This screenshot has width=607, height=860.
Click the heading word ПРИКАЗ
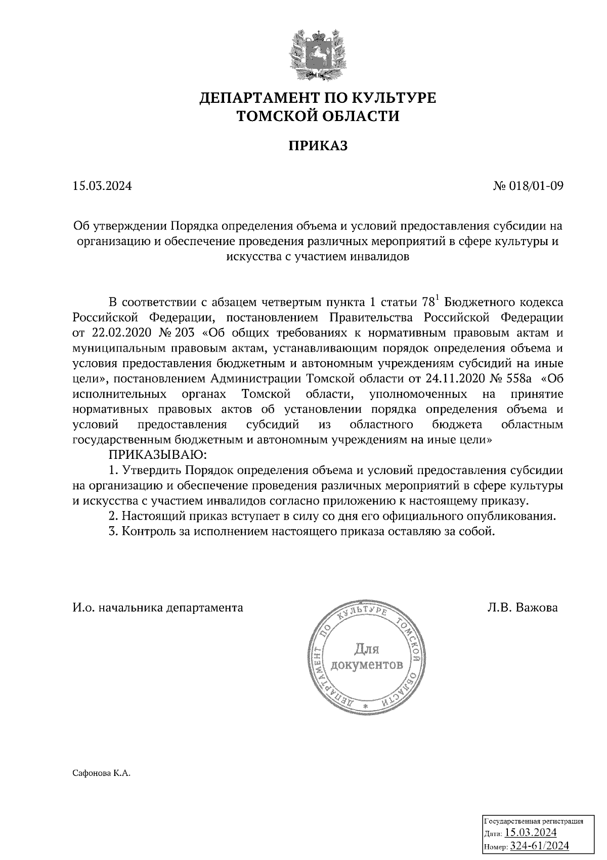tap(318, 146)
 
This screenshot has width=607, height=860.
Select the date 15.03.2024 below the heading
tap(102, 186)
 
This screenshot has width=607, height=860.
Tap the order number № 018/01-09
tap(528, 186)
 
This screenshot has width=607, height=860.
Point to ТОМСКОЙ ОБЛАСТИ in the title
tap(318, 116)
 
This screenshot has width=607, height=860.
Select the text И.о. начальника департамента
tap(158, 607)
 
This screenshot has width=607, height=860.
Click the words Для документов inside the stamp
tap(366, 656)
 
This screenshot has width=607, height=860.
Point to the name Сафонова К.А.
tap(102, 773)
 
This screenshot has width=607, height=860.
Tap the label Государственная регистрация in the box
tap(534, 821)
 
